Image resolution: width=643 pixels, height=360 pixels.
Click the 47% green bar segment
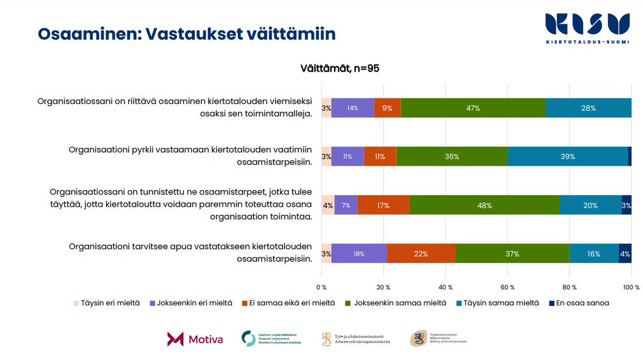pos(473,108)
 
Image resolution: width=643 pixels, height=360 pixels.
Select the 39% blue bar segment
pos(567,156)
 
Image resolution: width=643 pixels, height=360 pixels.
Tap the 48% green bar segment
pos(485,205)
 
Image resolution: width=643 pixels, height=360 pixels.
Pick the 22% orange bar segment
pos(421,254)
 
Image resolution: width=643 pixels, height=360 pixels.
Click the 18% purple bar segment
pos(359,254)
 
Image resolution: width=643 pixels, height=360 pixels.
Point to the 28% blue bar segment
pos(588,108)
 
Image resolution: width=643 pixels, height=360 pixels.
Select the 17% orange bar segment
pos(383,205)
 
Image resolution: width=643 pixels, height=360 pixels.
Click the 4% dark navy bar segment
pos(625,254)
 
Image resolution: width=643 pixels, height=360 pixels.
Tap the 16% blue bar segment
pos(594,254)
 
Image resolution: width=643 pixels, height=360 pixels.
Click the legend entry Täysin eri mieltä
pos(107,303)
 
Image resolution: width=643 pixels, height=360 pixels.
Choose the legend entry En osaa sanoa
pos(580,303)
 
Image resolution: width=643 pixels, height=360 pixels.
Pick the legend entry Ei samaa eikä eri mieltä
pos(289,303)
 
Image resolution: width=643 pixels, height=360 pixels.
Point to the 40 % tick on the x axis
pos(445,287)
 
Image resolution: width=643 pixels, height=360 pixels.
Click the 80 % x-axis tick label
pos(570,287)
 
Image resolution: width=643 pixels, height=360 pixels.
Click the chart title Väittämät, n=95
pos(340,69)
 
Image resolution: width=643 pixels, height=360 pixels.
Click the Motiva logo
pos(195,339)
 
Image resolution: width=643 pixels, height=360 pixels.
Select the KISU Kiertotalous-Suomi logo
pos(587,28)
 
